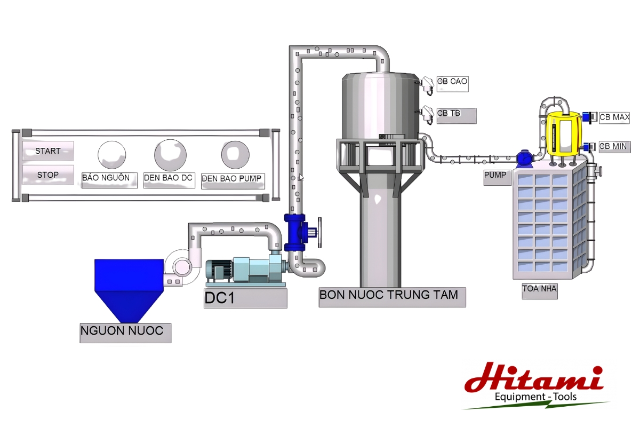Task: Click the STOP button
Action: pyautogui.click(x=48, y=175)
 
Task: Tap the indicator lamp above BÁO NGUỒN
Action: pyautogui.click(x=111, y=155)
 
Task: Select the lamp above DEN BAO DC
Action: pyautogui.click(x=170, y=155)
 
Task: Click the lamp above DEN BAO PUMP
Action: pyautogui.click(x=235, y=155)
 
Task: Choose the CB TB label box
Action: pyautogui.click(x=457, y=116)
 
